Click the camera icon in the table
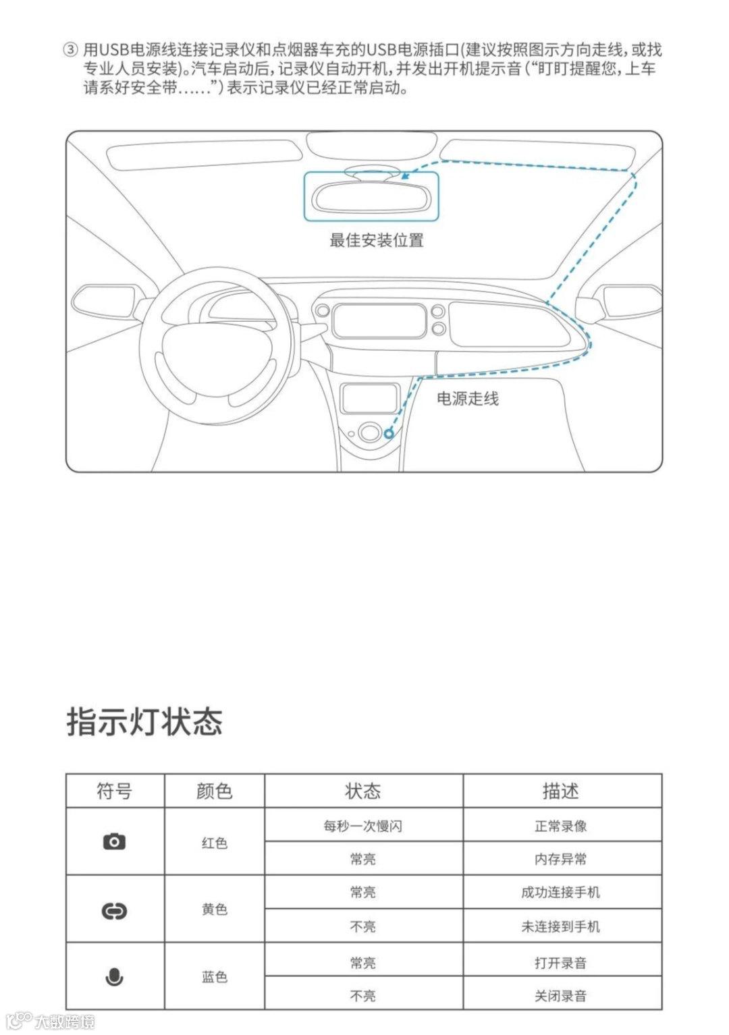coord(114,841)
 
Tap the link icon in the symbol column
coord(114,911)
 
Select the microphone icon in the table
coord(114,976)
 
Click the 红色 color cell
coord(215,843)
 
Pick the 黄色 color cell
coord(215,910)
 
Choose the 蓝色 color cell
coord(215,976)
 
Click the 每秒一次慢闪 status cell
coord(363,826)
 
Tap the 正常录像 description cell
coord(561,826)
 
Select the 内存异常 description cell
coord(561,859)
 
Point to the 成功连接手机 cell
coord(561,892)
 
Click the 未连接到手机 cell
coord(561,926)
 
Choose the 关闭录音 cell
coord(561,995)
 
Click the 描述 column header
coord(561,791)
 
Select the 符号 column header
coord(114,791)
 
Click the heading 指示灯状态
coord(144,721)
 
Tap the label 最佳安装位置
coord(376,240)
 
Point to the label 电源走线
coord(468,399)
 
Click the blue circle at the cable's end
coord(389,434)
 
